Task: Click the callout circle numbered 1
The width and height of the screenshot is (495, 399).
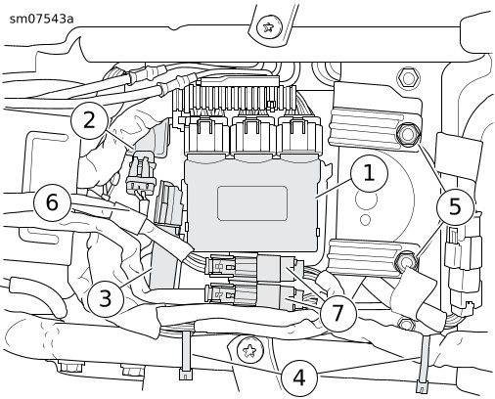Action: point(369,173)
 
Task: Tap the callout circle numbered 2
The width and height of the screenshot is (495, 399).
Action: point(89,120)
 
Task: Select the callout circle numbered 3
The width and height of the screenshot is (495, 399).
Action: point(106,298)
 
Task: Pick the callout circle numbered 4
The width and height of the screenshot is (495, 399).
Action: point(299,377)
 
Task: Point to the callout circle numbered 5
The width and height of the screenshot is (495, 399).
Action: point(455,206)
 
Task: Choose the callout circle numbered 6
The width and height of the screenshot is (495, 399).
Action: point(53,202)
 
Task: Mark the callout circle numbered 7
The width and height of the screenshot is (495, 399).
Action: point(338,312)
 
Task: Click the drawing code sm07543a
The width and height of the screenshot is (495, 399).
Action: point(41,19)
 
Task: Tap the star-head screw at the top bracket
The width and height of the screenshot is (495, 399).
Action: point(268,27)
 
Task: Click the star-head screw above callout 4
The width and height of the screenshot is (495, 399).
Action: point(250,350)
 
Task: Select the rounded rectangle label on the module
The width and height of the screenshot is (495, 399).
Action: point(252,203)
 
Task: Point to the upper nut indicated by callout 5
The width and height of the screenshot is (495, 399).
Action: point(407,134)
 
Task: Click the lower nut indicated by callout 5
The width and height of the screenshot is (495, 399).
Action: point(406,261)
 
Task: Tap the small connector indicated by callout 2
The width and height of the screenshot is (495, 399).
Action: point(141,173)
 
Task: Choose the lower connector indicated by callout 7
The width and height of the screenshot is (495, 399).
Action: point(252,294)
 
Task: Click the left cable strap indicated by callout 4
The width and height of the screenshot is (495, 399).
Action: point(186,355)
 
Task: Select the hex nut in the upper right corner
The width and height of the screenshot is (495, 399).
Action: point(407,78)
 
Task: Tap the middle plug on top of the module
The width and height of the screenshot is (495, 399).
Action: point(253,135)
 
